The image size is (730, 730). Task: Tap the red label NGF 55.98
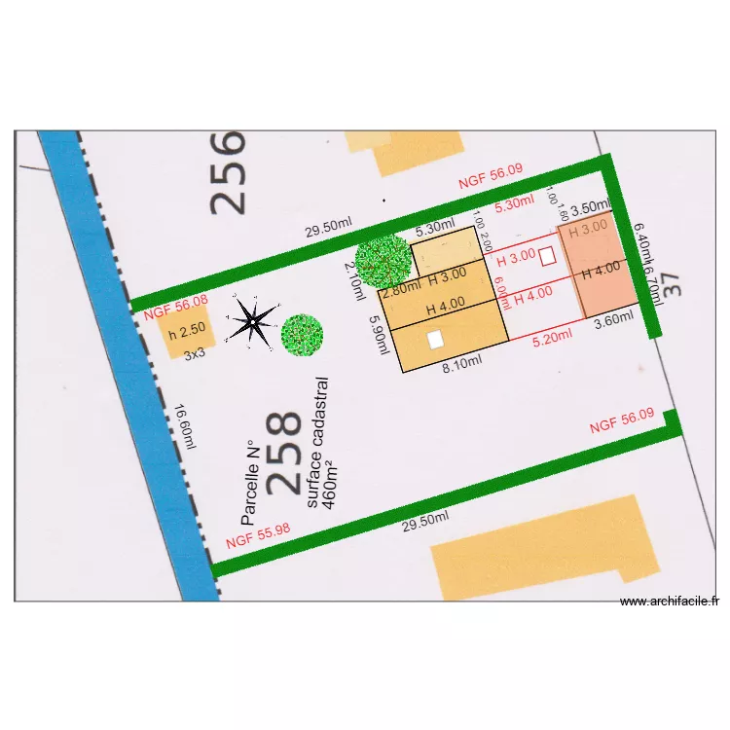[257, 536]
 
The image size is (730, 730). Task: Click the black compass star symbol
[252, 322]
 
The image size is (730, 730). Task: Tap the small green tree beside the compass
[302, 333]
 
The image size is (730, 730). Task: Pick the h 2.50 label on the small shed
[186, 334]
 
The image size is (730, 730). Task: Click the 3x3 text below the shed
[195, 354]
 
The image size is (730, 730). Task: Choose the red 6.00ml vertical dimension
[500, 289]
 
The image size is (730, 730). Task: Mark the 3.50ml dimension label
[589, 208]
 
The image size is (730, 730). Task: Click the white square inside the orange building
[435, 339]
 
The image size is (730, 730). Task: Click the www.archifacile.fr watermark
[669, 602]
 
